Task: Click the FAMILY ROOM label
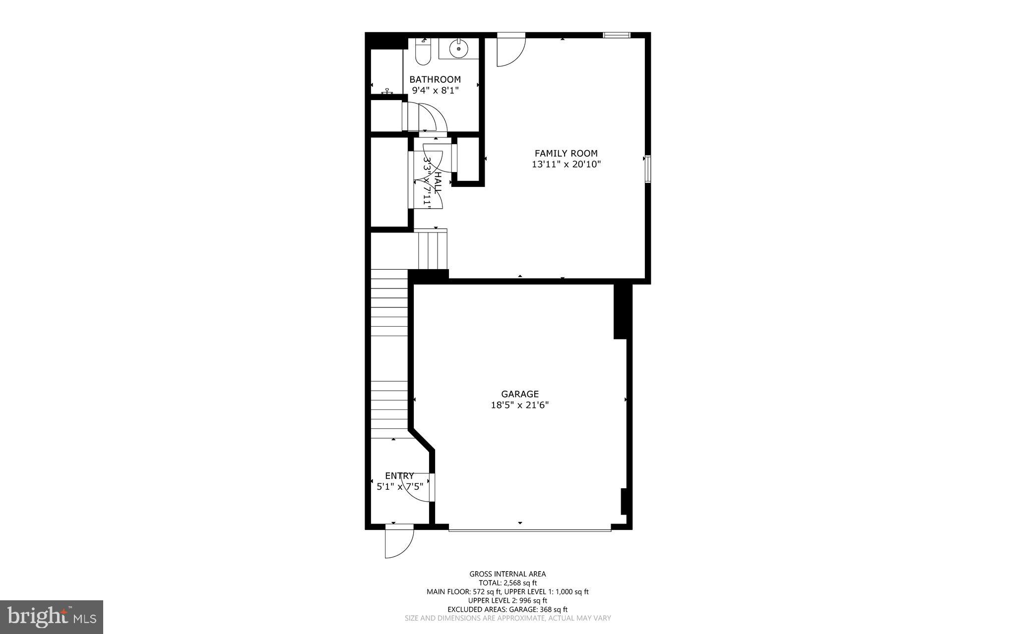(x=566, y=154)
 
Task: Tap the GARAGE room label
(x=519, y=394)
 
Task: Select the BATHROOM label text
(x=435, y=79)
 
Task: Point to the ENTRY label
(x=399, y=476)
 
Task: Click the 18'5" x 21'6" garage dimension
(x=519, y=405)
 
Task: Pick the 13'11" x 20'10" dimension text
(x=566, y=165)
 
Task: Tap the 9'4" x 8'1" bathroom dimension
(x=436, y=90)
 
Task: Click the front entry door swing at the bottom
(x=398, y=545)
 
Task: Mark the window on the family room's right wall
(x=647, y=169)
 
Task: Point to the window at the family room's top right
(x=616, y=35)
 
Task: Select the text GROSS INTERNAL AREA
(x=508, y=574)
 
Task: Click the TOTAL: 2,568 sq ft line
(x=508, y=583)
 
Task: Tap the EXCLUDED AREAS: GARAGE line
(x=508, y=609)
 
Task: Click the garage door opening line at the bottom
(x=529, y=531)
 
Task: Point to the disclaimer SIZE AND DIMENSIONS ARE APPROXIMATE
(x=508, y=618)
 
